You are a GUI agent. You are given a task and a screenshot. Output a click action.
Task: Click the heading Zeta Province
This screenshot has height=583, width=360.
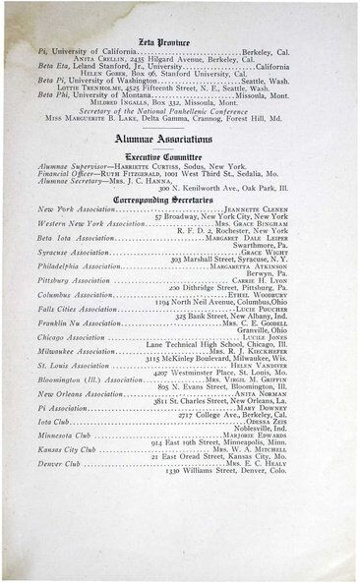(179, 18)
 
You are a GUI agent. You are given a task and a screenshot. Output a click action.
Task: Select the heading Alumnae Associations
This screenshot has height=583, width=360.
(179, 143)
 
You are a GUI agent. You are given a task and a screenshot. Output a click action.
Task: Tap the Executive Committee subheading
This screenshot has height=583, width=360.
(179, 159)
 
